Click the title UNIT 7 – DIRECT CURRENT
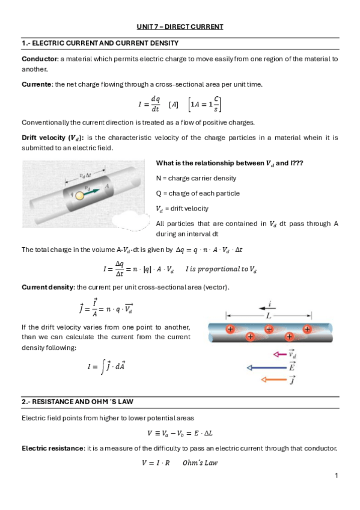tap(180, 26)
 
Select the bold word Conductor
tap(40, 59)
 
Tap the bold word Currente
tap(37, 84)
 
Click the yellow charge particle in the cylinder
tap(79, 195)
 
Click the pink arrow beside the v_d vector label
tap(279, 354)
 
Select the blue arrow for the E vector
tap(267, 368)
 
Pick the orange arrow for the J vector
tap(274, 379)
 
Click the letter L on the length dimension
tap(269, 316)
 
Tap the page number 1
tap(337, 476)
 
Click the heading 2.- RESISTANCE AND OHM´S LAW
tap(78, 402)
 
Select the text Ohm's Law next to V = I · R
tap(200, 462)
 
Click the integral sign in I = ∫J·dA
tap(103, 367)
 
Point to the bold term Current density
tap(49, 287)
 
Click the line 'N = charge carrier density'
tap(196, 178)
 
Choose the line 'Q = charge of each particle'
tap(198, 193)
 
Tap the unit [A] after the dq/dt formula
tap(174, 105)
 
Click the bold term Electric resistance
tap(53, 448)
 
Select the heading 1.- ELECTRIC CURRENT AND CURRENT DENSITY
tap(100, 43)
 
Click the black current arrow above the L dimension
tap(267, 308)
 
